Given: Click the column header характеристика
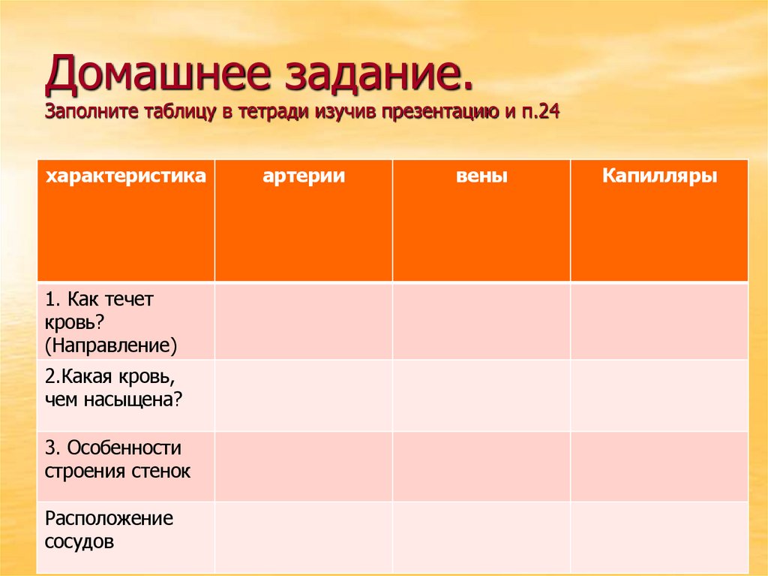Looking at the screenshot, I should coord(125,176).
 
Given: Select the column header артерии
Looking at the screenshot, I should coord(304,176).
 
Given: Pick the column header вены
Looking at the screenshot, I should coord(481,176).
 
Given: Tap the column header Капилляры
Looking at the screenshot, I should coord(659,176).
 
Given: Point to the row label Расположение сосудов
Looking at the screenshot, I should coord(109,529).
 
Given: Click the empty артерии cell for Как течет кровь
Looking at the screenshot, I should coord(304,321).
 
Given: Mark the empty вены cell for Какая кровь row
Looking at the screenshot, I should coord(481,395).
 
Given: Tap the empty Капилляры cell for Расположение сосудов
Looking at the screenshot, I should coord(659,537).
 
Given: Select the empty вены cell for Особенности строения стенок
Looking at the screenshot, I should coord(481,466).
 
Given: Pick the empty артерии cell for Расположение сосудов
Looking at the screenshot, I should coord(304,537).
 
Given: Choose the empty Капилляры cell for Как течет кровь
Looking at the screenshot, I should coord(659,321).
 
